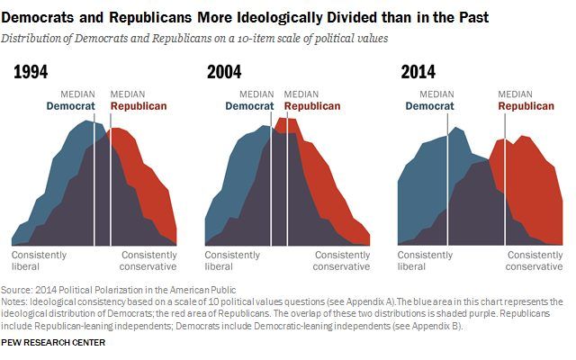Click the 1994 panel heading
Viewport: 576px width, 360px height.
pyautogui.click(x=31, y=73)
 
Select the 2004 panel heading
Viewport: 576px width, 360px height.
pyautogui.click(x=225, y=73)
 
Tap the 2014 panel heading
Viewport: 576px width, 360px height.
pyautogui.click(x=418, y=73)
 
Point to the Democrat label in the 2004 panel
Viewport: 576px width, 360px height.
pyautogui.click(x=251, y=105)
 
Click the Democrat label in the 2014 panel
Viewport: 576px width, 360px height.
pyautogui.click(x=431, y=105)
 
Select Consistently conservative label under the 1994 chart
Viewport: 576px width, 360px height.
pyautogui.click(x=149, y=260)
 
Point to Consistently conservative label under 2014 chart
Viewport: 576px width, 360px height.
pyautogui.click(x=535, y=260)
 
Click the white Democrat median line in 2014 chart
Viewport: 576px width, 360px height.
pyautogui.click(x=447, y=180)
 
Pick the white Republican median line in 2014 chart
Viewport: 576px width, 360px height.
pyautogui.click(x=505, y=180)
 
